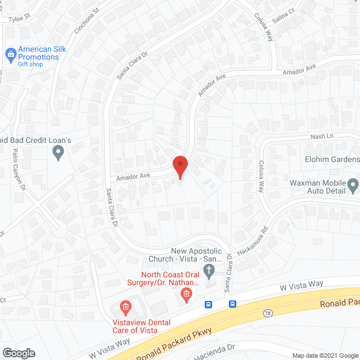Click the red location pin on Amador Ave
180,166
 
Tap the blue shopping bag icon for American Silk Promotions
10,54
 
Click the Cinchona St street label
87,19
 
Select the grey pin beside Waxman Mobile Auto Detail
353,185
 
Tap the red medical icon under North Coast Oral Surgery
185,294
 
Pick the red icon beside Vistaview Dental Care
125,307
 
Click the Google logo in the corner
18,353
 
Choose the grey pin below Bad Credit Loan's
57,152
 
